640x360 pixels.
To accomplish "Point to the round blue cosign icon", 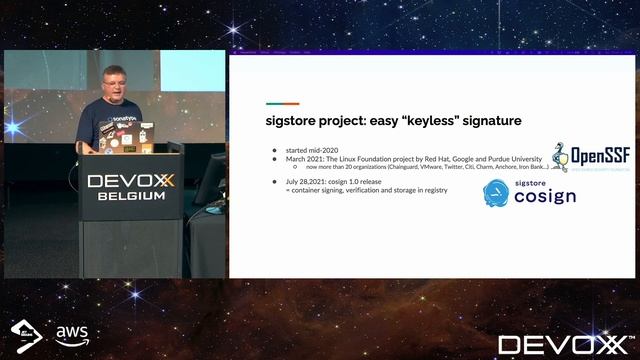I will [498, 193].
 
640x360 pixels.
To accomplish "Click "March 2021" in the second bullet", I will [300, 157].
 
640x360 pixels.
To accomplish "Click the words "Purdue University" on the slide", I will [511, 157].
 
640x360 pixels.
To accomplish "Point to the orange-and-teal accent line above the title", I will [282, 103].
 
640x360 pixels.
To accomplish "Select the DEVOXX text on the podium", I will [132, 181].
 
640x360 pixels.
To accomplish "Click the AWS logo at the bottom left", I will [72, 332].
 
